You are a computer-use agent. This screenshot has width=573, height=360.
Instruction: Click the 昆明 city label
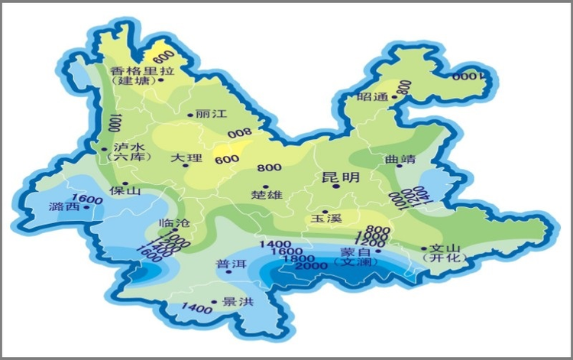[x=340, y=177]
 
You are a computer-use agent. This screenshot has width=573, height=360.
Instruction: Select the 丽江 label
[x=212, y=114]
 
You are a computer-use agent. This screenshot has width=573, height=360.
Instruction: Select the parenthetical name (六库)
[x=125, y=157]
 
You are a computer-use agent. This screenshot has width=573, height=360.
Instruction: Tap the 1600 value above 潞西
[x=91, y=200]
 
